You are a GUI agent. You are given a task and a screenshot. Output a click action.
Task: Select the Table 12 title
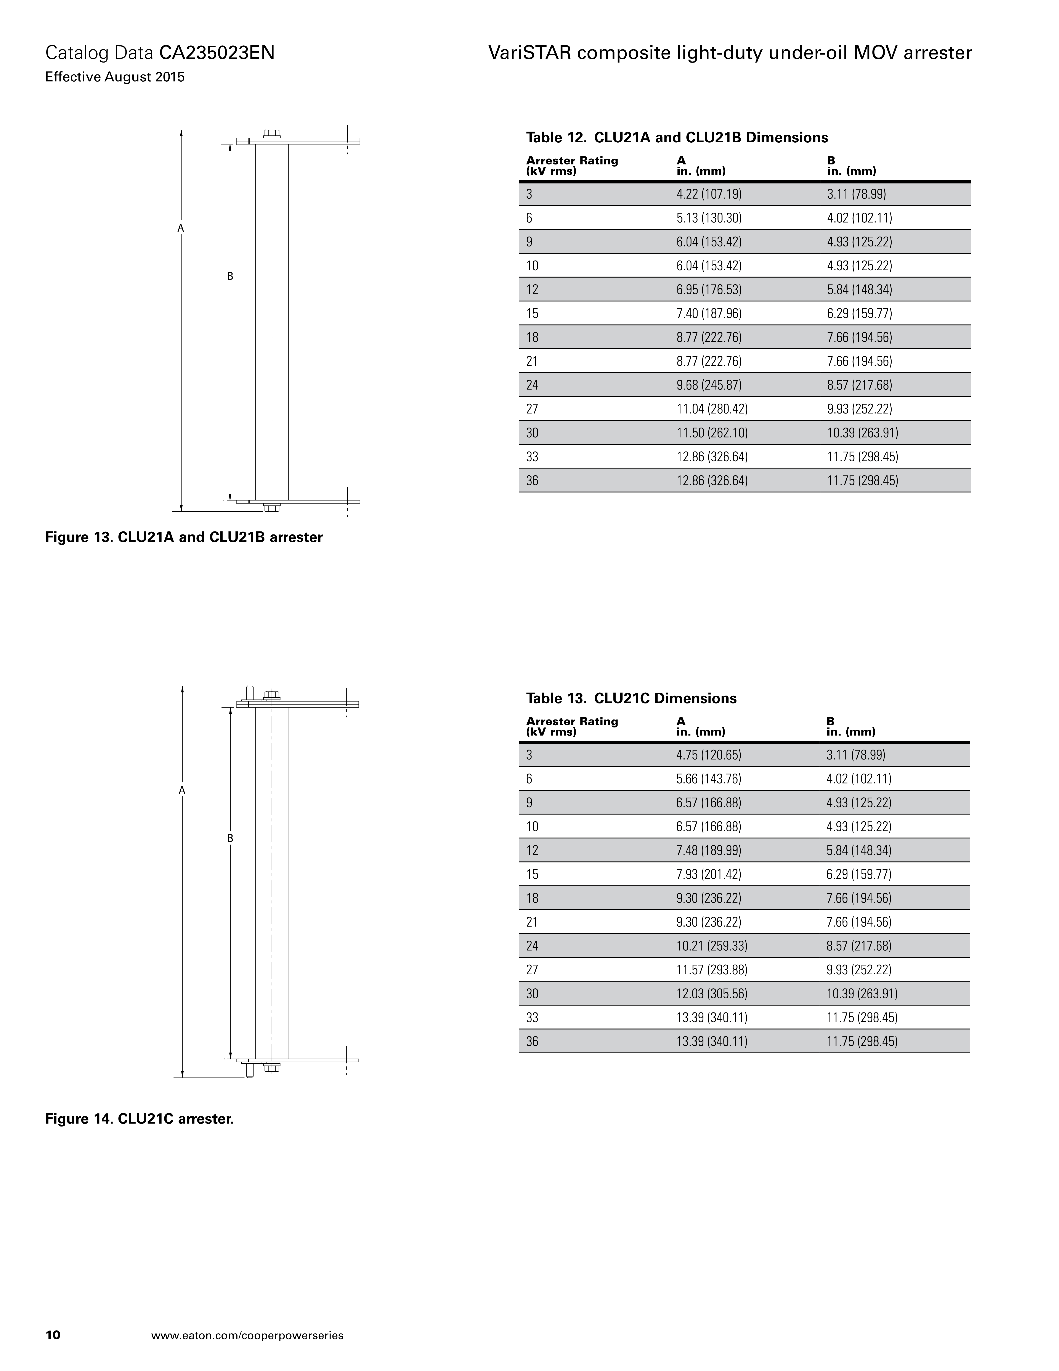point(676,137)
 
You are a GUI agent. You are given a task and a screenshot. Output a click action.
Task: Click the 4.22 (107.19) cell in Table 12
point(708,194)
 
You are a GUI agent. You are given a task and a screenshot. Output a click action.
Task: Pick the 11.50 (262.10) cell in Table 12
point(711,433)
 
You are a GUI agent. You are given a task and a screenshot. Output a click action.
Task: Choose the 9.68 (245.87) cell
point(708,385)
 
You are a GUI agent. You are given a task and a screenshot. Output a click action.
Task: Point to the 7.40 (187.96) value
point(708,313)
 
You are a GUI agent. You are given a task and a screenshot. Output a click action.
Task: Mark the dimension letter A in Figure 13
point(181,228)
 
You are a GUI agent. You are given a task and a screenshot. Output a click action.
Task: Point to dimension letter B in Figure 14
point(230,838)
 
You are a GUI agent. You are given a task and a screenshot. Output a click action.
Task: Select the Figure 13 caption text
point(184,537)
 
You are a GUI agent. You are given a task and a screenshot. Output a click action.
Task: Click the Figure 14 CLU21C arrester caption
point(139,1119)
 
